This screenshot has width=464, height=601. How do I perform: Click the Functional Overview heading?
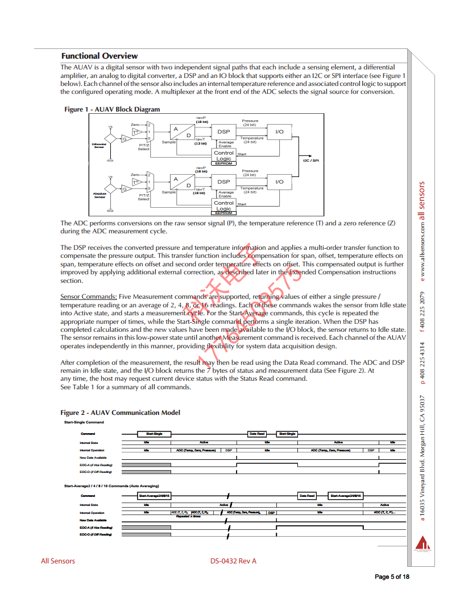[x=100, y=56]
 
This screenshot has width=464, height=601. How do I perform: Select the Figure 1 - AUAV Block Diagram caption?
[x=112, y=109]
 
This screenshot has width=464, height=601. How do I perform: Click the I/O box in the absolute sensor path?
[x=279, y=182]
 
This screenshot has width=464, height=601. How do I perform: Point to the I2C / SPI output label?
[x=310, y=161]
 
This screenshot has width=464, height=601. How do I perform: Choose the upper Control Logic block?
[x=224, y=155]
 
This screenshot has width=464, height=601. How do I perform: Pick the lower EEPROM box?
[x=223, y=213]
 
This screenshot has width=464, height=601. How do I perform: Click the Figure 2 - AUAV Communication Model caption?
[x=120, y=413]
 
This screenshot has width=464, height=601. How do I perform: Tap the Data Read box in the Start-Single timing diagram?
[x=257, y=434]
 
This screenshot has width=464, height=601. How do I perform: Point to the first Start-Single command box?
[x=154, y=434]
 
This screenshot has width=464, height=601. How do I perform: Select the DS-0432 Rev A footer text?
[x=233, y=561]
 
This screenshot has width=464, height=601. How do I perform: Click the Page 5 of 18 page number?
[x=392, y=577]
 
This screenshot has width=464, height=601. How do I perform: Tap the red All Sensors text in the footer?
[x=57, y=561]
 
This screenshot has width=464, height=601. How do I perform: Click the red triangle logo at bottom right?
[x=422, y=542]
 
